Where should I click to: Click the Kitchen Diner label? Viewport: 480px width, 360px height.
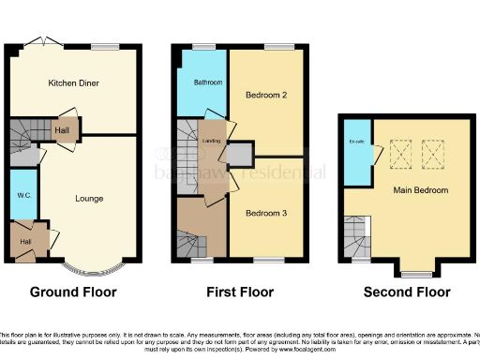[x=74, y=83]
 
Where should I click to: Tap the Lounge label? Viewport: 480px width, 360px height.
[x=90, y=198]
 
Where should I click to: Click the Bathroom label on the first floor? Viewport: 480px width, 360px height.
[x=208, y=82]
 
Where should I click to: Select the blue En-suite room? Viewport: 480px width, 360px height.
[x=356, y=150]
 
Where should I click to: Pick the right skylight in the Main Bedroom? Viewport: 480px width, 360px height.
[x=434, y=150]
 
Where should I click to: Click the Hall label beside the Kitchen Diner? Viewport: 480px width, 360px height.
[x=62, y=131]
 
